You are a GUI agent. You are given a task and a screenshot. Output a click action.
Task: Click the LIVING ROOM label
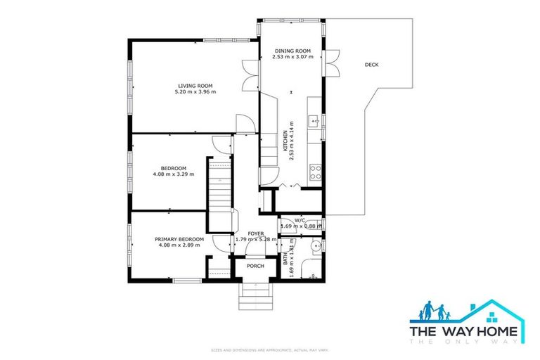pyautogui.click(x=195, y=86)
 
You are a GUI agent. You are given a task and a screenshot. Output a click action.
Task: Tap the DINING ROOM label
pyautogui.click(x=292, y=51)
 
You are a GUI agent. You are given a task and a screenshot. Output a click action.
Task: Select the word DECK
pyautogui.click(x=371, y=65)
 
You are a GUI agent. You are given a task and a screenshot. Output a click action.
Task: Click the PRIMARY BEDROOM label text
pyautogui.click(x=179, y=239)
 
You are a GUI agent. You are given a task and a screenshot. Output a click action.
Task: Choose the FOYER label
pyautogui.click(x=256, y=233)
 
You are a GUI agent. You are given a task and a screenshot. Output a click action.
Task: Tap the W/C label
pyautogui.click(x=300, y=219)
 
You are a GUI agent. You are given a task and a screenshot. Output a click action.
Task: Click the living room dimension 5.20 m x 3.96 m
pyautogui.click(x=195, y=92)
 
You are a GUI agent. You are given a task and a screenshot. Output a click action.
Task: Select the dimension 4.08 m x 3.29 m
pyautogui.click(x=173, y=174)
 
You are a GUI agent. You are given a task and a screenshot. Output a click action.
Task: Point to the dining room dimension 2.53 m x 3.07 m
pyautogui.click(x=292, y=57)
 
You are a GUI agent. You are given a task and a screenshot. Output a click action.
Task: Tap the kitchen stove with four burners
pyautogui.click(x=316, y=169)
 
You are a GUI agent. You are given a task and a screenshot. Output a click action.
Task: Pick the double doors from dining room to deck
pyautogui.click(x=332, y=61)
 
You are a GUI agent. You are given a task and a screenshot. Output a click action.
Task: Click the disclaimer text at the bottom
pyautogui.click(x=270, y=349)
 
